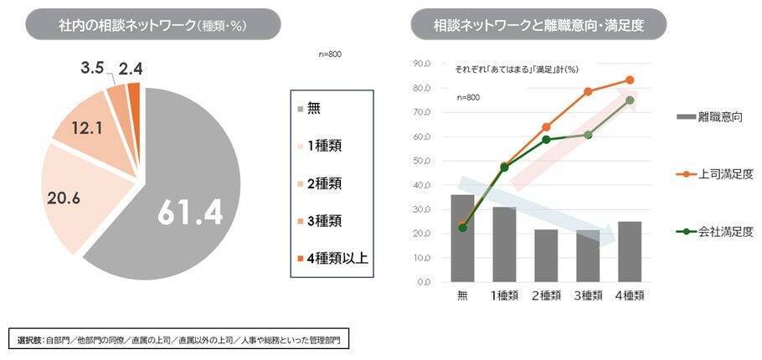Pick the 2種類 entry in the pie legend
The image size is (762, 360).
(324, 183)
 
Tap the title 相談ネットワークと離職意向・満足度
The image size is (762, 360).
(538, 24)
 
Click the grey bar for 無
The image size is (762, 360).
(462, 239)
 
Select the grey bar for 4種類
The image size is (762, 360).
(629, 251)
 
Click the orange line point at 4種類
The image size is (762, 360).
(629, 80)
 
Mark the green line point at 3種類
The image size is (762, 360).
(588, 135)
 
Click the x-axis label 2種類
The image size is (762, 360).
(546, 295)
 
